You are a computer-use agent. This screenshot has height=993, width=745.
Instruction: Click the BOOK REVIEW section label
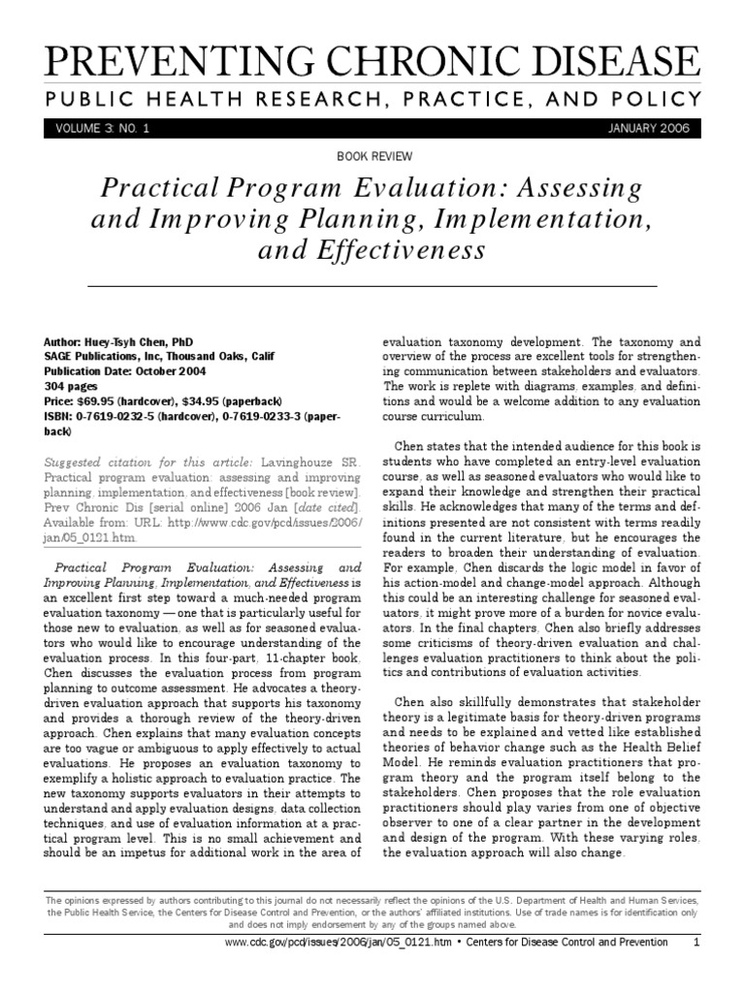(x=373, y=155)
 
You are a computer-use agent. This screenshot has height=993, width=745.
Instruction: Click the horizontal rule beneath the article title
(x=372, y=287)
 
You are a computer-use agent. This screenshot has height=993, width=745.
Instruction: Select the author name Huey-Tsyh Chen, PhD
(x=133, y=343)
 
